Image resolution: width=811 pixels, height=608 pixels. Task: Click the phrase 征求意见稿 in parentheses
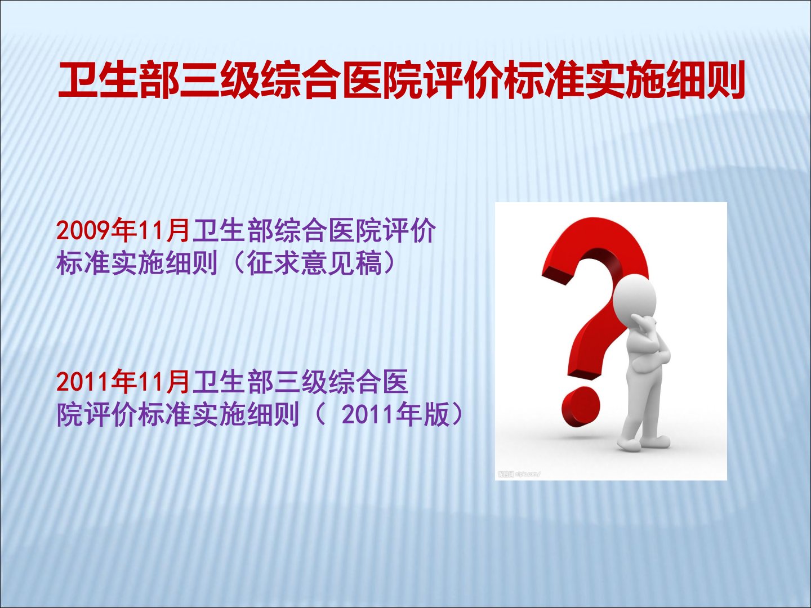[x=314, y=264]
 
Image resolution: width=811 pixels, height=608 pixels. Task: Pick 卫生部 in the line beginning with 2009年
[x=232, y=231]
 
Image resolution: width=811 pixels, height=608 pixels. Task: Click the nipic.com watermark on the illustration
[x=519, y=474]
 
